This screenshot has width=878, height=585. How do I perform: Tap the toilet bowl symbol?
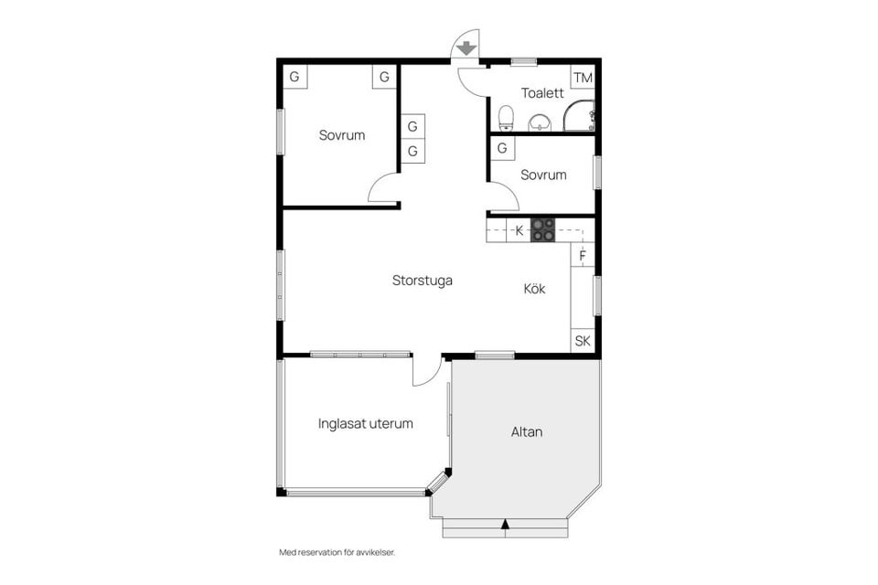[x=506, y=117]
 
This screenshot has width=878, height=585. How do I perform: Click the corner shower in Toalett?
[x=580, y=115]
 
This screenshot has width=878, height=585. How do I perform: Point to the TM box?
[x=583, y=77]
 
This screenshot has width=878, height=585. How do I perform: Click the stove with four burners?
[x=543, y=229]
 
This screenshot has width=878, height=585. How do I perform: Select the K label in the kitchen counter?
[x=519, y=231]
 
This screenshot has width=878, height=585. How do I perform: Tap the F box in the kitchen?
[x=583, y=255]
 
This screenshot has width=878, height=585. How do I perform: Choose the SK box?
[x=583, y=341]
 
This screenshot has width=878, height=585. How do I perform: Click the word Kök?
[x=534, y=289]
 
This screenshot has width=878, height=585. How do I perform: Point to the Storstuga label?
[x=423, y=281]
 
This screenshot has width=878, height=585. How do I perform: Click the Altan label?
[x=527, y=431]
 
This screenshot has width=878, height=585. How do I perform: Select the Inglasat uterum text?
[x=366, y=424]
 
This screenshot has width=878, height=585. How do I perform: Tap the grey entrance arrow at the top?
[x=466, y=48]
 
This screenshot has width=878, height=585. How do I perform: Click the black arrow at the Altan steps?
[x=504, y=524]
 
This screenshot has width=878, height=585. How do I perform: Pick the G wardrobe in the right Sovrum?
[x=502, y=148]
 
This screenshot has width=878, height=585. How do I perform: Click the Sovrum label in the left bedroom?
[x=342, y=135]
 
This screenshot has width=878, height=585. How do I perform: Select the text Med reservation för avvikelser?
[x=337, y=552]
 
